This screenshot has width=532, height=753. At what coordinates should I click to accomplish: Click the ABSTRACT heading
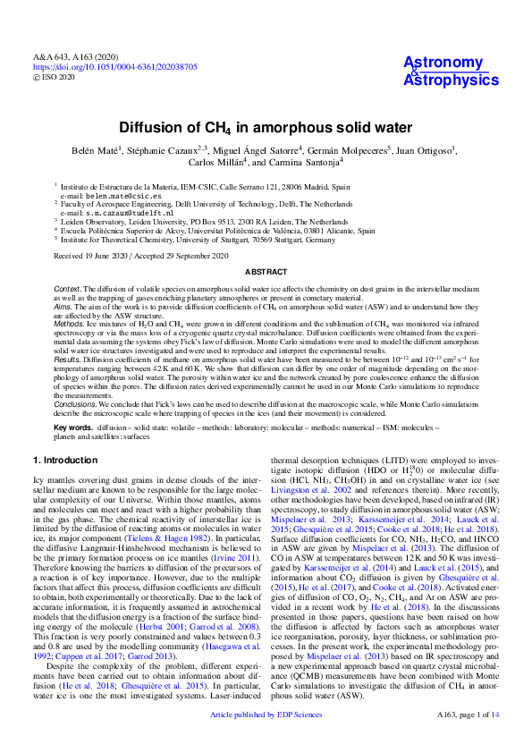[266, 270]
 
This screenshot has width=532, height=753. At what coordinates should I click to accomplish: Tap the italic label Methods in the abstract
[70, 326]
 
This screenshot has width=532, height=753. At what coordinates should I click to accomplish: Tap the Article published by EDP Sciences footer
[266, 740]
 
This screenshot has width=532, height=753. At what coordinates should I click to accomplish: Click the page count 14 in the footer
[494, 740]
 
